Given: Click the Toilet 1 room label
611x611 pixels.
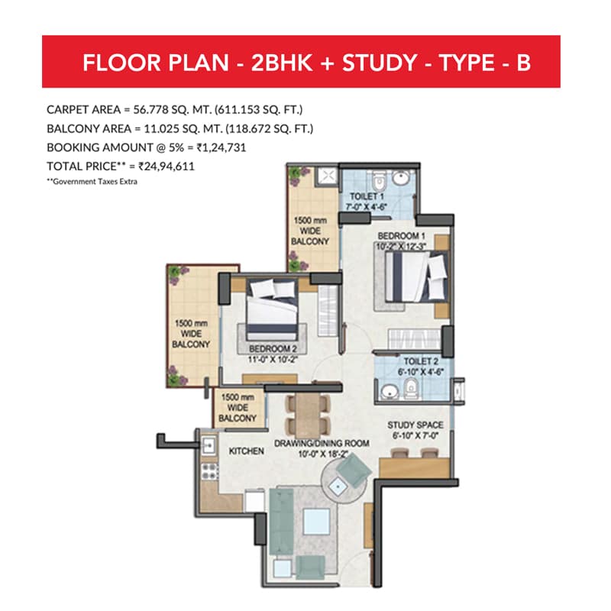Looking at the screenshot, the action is coord(367,196).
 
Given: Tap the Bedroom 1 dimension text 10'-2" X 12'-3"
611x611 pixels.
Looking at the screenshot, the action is coord(401,247).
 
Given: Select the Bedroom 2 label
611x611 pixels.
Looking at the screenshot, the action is coord(273,349).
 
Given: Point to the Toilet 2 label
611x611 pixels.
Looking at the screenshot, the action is coord(421,361).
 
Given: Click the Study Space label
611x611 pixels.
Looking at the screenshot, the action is coord(415,425).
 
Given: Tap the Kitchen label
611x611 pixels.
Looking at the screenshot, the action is coord(246,451).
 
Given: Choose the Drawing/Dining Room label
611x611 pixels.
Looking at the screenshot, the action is coord(322,444).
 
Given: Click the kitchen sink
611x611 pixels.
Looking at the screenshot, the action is coord(209,445).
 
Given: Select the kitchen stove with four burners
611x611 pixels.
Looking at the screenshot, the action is coord(209,471).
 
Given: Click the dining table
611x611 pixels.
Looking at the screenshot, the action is coord(308,415).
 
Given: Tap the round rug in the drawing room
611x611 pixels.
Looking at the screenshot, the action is coord(344,480).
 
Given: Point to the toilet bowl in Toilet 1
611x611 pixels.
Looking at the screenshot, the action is coord(377,181).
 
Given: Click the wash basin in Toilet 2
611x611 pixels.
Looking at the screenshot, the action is coord(388,392).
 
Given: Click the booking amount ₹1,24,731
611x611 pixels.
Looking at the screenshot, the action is coord(221,147).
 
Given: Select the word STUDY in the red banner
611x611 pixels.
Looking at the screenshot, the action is coord(380,63).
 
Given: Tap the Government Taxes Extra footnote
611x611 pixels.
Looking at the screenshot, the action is coord(92,182).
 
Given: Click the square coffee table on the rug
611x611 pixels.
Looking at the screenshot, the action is coord(316,522).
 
